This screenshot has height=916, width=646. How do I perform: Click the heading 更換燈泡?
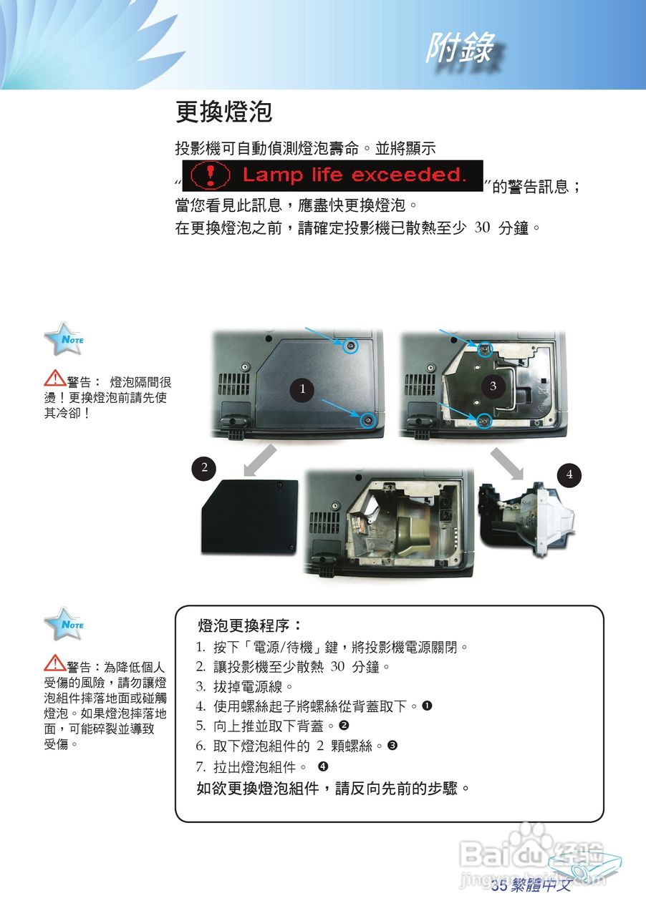pyautogui.click(x=223, y=112)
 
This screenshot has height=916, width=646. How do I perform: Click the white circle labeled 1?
pyautogui.click(x=303, y=389)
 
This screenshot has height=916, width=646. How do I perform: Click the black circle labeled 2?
pyautogui.click(x=204, y=468)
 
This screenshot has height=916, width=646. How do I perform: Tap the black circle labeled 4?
pyautogui.click(x=569, y=474)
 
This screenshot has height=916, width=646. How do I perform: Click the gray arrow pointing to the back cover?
pyautogui.click(x=260, y=459)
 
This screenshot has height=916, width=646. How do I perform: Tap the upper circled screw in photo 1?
pyautogui.click(x=350, y=347)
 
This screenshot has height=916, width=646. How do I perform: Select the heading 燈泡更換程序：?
pyautogui.click(x=251, y=626)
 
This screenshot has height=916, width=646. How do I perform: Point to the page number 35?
pyautogui.click(x=499, y=886)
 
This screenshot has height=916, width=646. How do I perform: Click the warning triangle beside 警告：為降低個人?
pyautogui.click(x=54, y=665)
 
